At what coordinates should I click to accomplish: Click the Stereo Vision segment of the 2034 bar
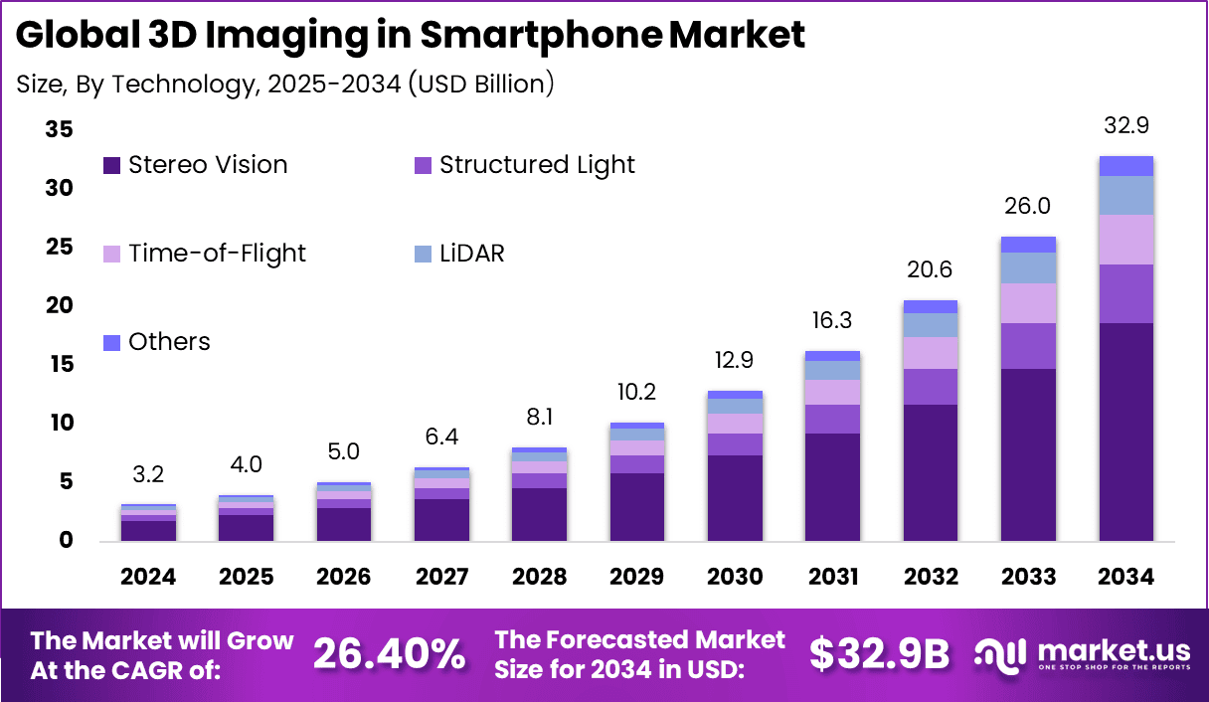[x=1125, y=432]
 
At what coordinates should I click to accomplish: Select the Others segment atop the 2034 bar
[x=1125, y=166]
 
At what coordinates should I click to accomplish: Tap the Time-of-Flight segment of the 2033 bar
[x=1028, y=303]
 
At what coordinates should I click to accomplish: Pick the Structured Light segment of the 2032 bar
[x=931, y=387]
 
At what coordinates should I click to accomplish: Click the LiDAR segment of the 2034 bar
[x=1125, y=195]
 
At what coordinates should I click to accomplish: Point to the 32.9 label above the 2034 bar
[x=1125, y=126]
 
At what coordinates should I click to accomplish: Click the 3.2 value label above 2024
[x=148, y=474]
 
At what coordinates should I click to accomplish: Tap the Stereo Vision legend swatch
[x=112, y=165]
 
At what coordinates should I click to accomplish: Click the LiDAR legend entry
[x=471, y=254]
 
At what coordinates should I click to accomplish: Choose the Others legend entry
[x=169, y=342]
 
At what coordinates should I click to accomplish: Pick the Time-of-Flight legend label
[x=217, y=254]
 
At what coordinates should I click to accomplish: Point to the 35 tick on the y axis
[x=59, y=129]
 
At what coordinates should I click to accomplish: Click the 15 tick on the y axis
[x=59, y=364]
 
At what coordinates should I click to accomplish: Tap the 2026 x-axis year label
[x=344, y=577]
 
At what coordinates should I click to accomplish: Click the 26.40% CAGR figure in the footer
[x=389, y=653]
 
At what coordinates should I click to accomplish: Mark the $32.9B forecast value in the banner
[x=879, y=653]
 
